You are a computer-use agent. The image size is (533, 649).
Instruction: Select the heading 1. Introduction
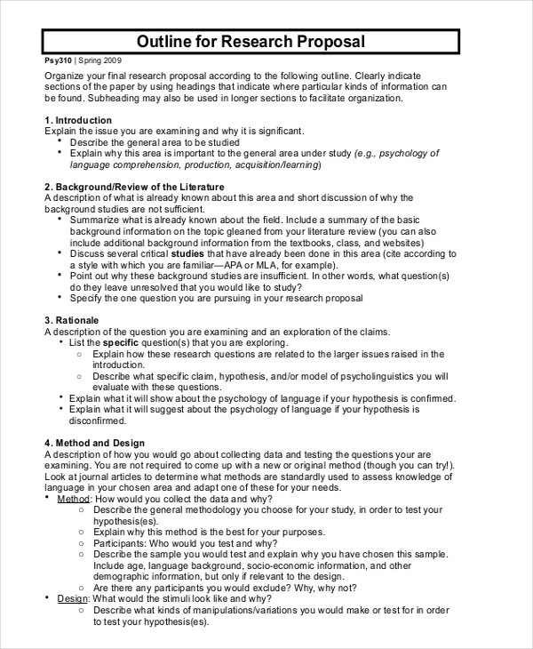78,119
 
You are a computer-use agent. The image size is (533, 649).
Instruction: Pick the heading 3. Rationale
72,319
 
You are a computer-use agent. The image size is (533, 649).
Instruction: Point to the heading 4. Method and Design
94,442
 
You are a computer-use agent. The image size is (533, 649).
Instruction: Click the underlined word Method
74,499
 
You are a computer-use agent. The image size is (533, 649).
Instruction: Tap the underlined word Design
73,598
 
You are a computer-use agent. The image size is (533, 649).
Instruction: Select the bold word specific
122,341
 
